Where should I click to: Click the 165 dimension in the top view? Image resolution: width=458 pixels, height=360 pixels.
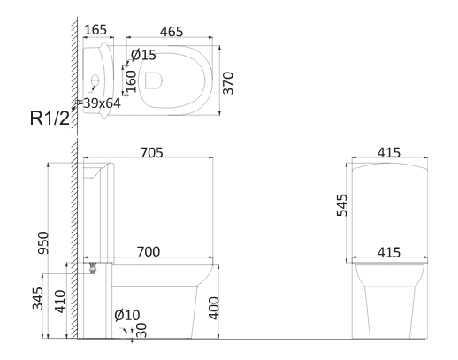95,30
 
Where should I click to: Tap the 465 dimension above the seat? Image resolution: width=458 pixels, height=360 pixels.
172,32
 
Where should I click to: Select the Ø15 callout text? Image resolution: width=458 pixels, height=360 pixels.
143,55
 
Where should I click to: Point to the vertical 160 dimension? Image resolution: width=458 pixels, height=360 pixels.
131,81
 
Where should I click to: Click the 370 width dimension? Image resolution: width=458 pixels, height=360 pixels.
228,83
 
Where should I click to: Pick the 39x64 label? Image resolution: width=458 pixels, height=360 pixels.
103,103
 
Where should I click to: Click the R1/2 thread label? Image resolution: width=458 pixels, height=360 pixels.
50,119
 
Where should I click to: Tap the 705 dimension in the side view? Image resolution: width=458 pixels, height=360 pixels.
151,153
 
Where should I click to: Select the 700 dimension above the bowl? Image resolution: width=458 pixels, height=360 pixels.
149,252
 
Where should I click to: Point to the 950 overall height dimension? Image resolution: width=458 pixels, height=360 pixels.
43,243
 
